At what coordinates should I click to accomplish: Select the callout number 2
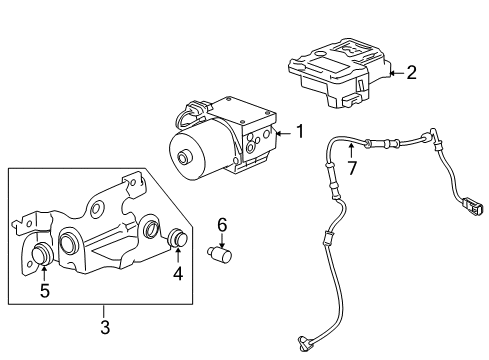click(410, 72)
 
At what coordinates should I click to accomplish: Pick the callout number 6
click(223, 225)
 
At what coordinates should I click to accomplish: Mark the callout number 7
click(351, 165)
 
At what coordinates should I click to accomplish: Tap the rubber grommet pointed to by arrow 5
click(43, 253)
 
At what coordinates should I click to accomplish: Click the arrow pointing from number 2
click(394, 72)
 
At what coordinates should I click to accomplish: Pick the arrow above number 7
click(351, 150)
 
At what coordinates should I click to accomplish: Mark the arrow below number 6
click(223, 240)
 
